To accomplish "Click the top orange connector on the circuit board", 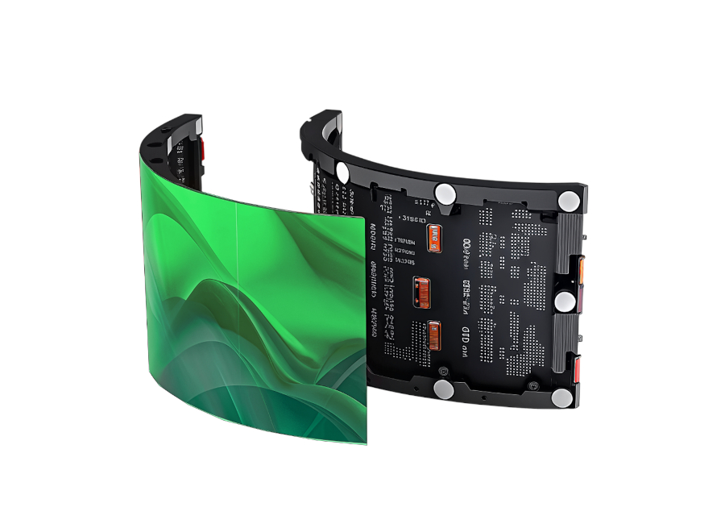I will click(x=436, y=238).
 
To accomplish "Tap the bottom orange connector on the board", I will click(x=435, y=335).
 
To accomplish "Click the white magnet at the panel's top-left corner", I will click(x=342, y=171).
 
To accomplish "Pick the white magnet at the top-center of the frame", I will click(x=444, y=193).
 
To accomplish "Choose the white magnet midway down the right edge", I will click(x=564, y=302).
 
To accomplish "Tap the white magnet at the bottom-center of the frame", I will click(x=443, y=389).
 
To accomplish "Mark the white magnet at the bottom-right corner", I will click(x=561, y=397).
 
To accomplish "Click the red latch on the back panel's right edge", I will click(x=578, y=370).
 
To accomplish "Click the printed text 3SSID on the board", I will click(x=414, y=219).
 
